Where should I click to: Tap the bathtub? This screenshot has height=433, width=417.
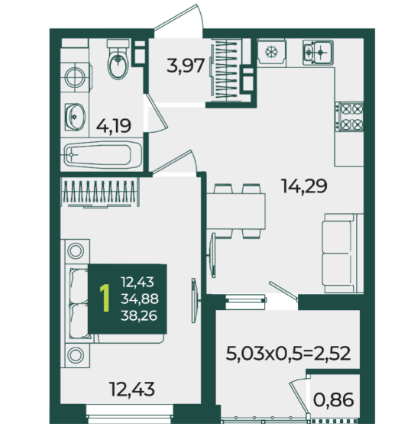point(103,155)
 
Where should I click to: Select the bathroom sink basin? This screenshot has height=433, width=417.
point(75,117)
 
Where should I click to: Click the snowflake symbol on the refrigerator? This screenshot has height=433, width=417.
point(271,52)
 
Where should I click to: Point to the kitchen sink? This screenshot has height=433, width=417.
point(318,53)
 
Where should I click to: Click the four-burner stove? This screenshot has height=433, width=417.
point(350,116)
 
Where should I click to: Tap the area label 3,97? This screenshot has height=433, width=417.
point(186,66)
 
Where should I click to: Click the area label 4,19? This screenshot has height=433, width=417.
point(114,126)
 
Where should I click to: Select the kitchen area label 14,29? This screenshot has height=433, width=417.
point(304,186)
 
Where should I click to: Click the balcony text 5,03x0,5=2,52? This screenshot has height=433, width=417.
point(288,354)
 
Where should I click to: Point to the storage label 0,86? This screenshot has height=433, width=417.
point(333,399)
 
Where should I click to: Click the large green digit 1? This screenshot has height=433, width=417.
point(105,299)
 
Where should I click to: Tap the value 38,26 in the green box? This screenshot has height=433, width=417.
point(139,315)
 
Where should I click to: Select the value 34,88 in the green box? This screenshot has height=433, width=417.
point(140,299)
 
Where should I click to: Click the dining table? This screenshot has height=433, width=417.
point(236,212)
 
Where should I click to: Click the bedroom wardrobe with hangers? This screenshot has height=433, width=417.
point(100,192)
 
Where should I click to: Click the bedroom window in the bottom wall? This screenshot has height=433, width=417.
point(130,414)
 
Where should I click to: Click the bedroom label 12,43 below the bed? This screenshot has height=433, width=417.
point(132,389)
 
